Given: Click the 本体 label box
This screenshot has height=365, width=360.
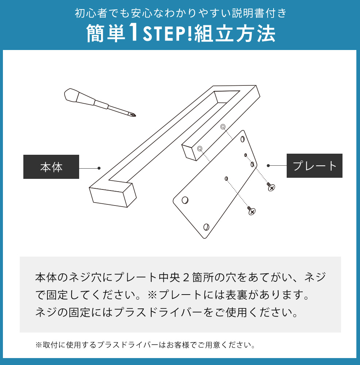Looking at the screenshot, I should point(51,167).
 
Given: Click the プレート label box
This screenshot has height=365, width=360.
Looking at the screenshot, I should point(314,166).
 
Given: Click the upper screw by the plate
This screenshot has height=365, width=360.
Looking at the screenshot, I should point(271,187).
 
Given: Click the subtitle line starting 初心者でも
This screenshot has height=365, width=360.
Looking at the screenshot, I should point(180,14).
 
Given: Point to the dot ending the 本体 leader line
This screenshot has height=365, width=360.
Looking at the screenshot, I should point(99,168).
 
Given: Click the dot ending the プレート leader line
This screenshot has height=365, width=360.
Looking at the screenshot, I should point(268,166).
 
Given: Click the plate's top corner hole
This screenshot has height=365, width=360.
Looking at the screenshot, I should point(243,139).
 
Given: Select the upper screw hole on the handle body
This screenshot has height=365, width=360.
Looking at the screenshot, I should point(223,127).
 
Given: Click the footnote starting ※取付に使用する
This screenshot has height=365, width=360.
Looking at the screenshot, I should point(145,345).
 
